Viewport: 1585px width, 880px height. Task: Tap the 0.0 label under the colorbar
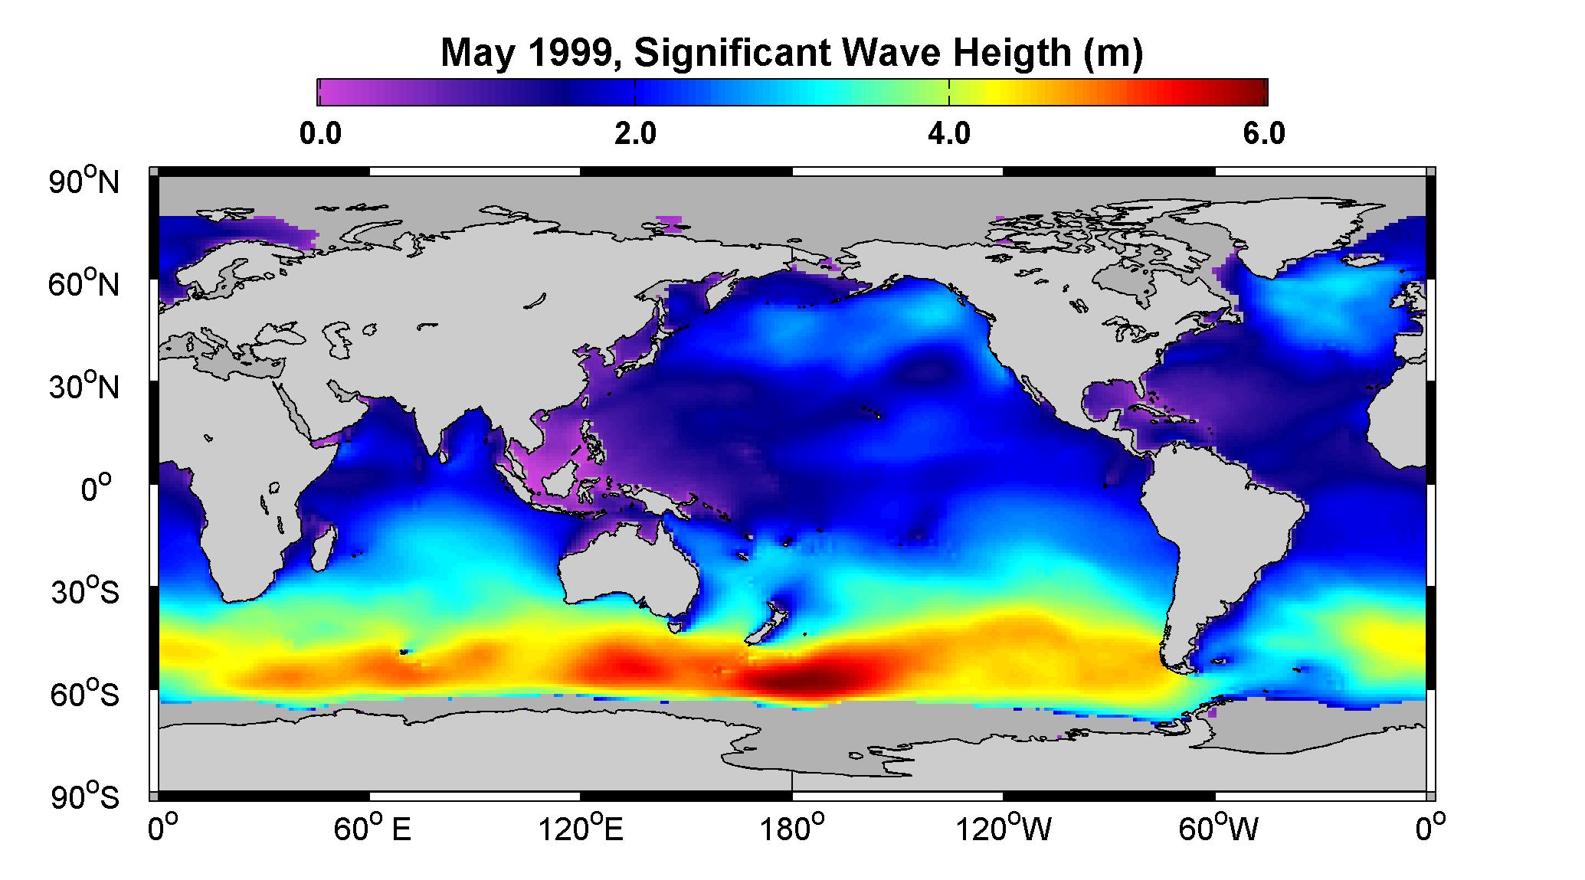[320, 134]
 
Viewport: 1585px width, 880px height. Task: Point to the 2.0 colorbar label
[636, 134]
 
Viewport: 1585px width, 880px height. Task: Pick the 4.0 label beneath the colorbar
[949, 134]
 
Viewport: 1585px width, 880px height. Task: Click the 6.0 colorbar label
[1265, 134]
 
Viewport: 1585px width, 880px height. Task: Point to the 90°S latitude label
[84, 797]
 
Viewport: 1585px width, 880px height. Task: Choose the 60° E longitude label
[372, 829]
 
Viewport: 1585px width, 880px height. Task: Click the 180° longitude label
[792, 829]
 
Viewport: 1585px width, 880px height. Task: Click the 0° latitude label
[96, 489]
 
